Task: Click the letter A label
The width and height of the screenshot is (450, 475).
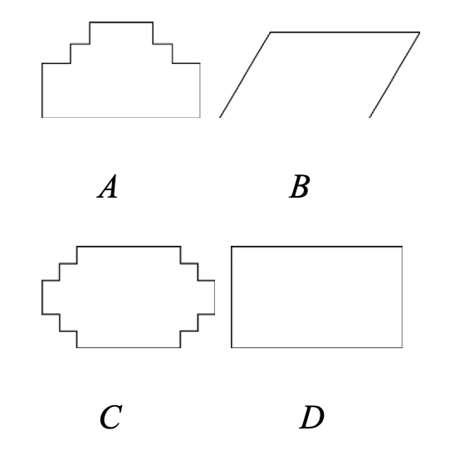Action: pos(107,186)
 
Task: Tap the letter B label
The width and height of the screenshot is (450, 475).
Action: pos(299,186)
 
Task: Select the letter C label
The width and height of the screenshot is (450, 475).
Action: pos(110,417)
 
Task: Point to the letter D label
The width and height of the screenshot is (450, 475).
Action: pos(311,417)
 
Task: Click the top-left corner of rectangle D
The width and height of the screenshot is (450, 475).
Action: pos(232,247)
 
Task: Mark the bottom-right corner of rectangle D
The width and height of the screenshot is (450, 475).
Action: pos(402,347)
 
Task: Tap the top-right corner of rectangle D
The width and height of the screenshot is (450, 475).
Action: pos(402,247)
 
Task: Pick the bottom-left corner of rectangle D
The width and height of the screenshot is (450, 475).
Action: pos(232,347)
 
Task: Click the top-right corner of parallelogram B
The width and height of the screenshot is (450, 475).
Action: pos(420,32)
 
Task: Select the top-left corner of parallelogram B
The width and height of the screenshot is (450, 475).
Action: pos(270,32)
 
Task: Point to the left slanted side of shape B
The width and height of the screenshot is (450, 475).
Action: pos(245,75)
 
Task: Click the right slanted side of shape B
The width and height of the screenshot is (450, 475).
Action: pos(394,75)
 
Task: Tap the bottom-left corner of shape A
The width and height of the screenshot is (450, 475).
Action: pos(42,117)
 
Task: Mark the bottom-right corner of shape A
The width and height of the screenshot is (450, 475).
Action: pos(200,117)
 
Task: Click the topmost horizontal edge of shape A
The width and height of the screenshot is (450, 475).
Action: pos(121,22)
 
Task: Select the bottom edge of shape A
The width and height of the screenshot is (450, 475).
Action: pos(121,117)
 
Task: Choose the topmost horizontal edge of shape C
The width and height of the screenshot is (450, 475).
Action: pos(129,247)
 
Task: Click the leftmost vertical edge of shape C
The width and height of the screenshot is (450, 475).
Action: pos(42,297)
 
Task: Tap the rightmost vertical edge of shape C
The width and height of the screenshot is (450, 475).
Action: pos(215,297)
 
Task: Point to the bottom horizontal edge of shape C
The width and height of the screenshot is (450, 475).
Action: pos(129,347)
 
